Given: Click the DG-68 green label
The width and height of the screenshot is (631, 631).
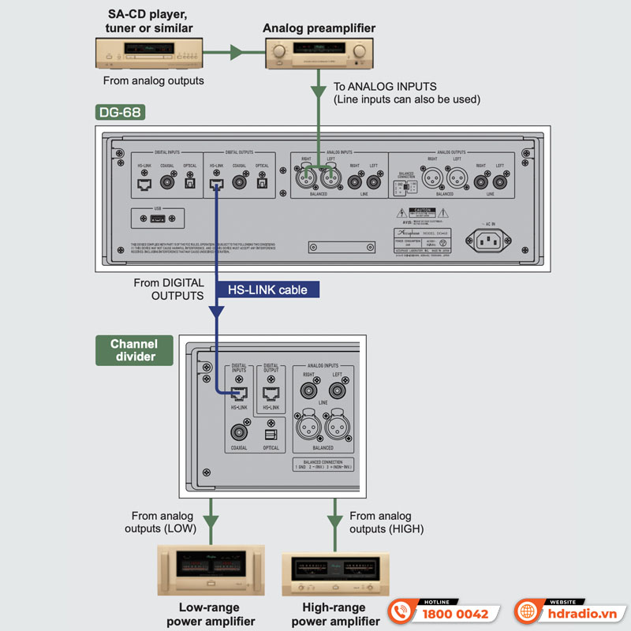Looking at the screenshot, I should [120, 112].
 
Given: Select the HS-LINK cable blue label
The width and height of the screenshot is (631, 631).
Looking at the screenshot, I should [267, 289].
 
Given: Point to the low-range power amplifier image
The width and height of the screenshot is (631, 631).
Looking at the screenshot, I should [211, 570].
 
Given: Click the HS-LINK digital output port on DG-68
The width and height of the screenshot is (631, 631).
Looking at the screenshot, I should [215, 185].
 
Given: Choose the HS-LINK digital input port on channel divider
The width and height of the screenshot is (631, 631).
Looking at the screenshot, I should [239, 394].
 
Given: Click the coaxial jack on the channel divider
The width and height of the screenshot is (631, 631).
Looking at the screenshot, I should [239, 432].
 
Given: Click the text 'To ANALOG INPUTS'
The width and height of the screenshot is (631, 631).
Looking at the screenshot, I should [385, 87].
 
